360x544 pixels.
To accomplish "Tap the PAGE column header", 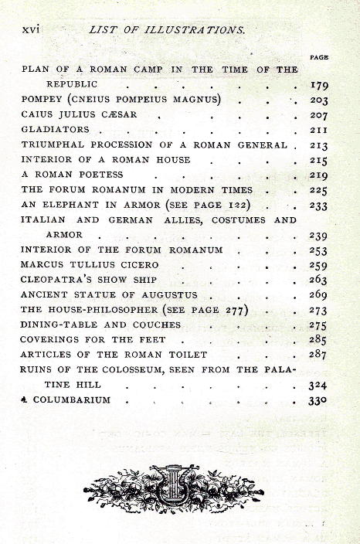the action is coord(319,58).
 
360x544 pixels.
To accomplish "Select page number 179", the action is coord(318,86).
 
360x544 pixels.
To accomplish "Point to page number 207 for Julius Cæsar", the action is coord(318,114).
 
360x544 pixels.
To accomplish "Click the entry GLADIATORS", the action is coord(56,129).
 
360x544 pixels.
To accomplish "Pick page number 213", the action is coord(318,144).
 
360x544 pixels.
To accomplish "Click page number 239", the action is coord(318,235).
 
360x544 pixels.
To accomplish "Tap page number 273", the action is coord(318,311).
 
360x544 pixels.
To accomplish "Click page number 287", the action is coord(318,355).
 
